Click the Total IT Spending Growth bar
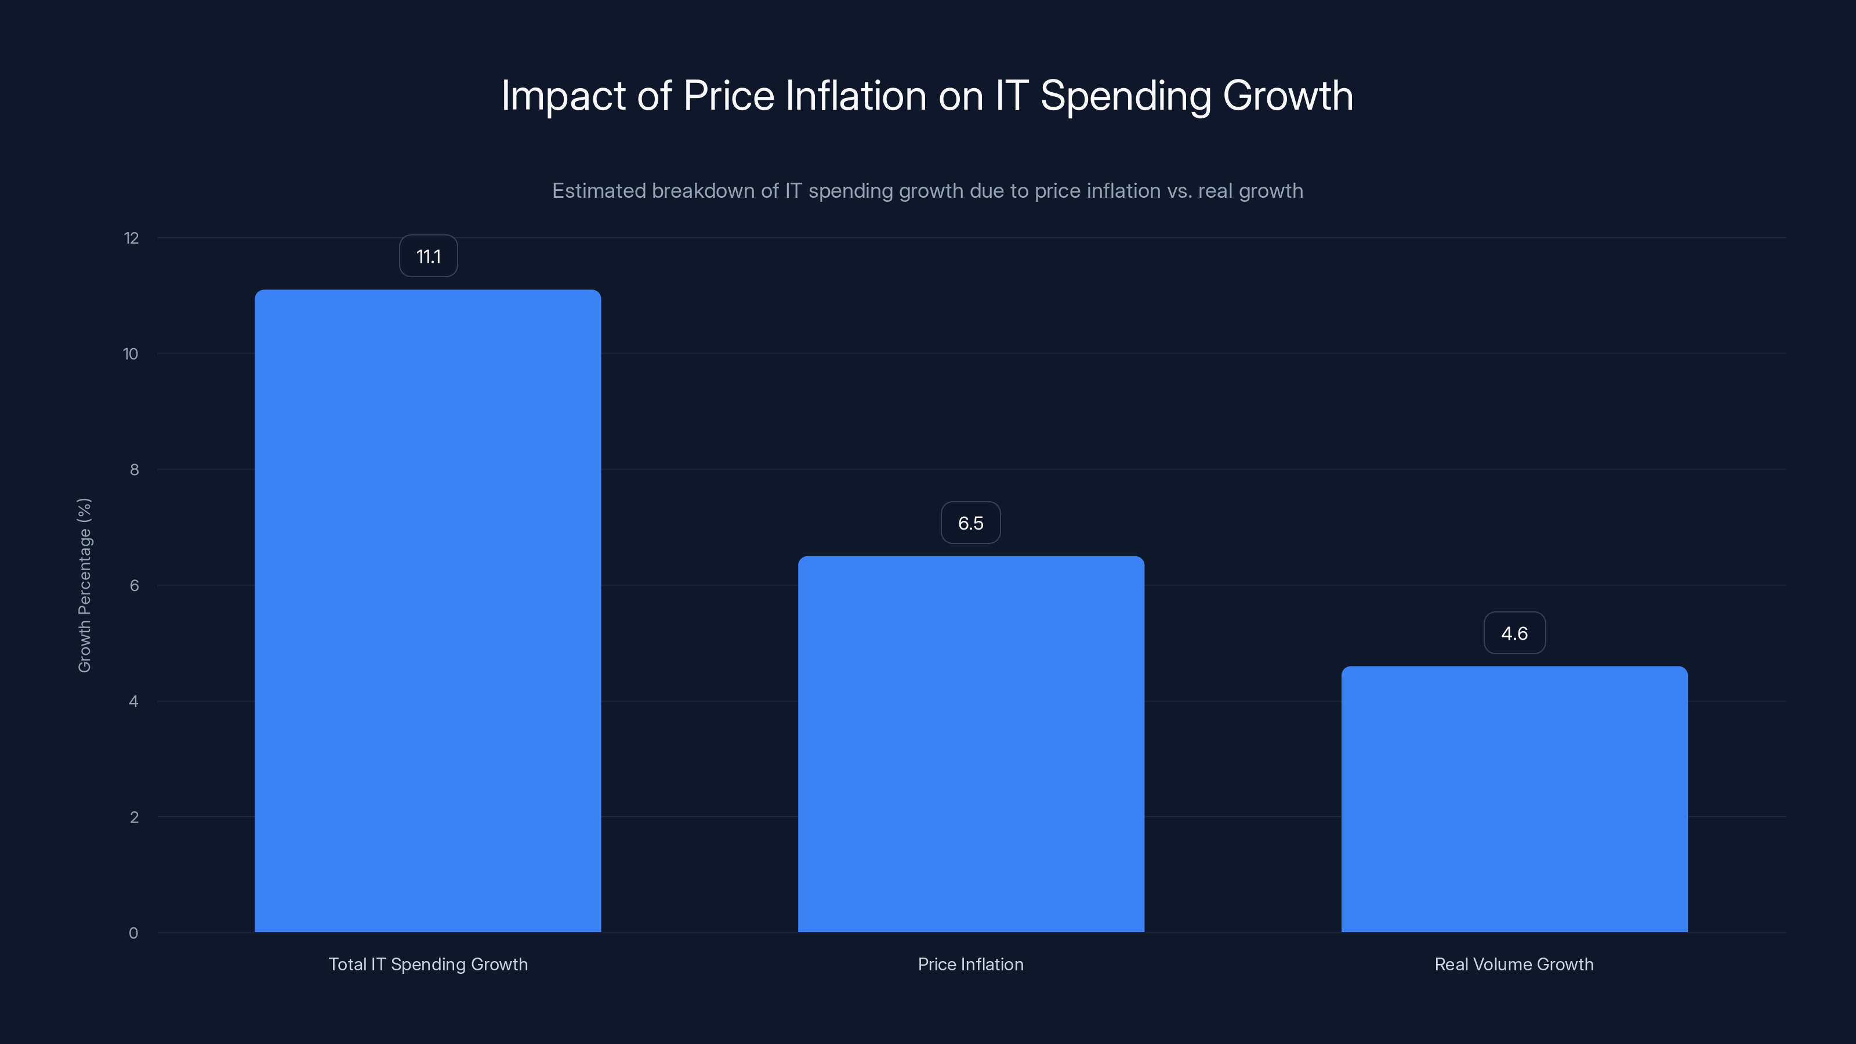[428, 611]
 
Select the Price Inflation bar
[970, 744]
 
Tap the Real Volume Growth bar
[1514, 799]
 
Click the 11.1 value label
[428, 256]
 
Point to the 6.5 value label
[970, 523]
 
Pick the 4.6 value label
[1514, 633]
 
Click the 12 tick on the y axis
[131, 238]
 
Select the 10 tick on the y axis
[130, 354]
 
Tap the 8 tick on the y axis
[134, 470]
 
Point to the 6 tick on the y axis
[134, 586]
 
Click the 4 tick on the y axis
[133, 702]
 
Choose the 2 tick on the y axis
[134, 817]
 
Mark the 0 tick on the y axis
[133, 933]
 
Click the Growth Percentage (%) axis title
[84, 585]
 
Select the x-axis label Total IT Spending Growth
[428, 964]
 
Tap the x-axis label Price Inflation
[970, 964]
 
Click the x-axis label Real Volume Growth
[1514, 964]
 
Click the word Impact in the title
[563, 96]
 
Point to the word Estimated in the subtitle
[598, 191]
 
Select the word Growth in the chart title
[1288, 96]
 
